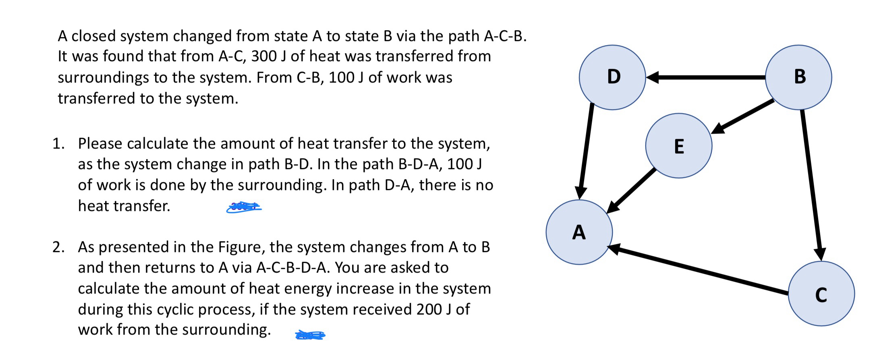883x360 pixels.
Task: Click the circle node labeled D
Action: (x=612, y=77)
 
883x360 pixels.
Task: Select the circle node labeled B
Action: (x=798, y=77)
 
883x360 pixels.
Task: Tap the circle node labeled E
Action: (x=679, y=146)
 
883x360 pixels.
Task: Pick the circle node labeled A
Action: (x=579, y=232)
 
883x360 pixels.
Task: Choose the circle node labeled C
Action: (x=821, y=294)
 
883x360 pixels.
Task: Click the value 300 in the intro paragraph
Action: (x=264, y=56)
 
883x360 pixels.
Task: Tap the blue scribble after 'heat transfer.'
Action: (x=244, y=207)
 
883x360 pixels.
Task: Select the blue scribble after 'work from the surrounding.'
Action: (x=310, y=335)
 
